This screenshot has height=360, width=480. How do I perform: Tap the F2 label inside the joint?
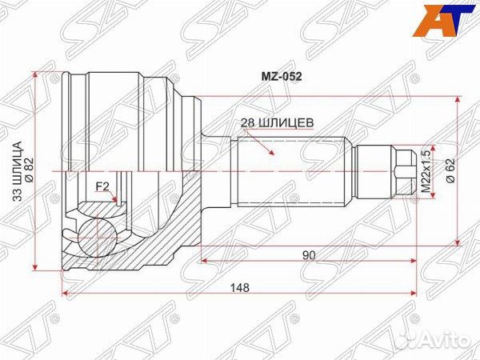coord(102,187)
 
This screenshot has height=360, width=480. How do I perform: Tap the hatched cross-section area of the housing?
coord(160,240)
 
